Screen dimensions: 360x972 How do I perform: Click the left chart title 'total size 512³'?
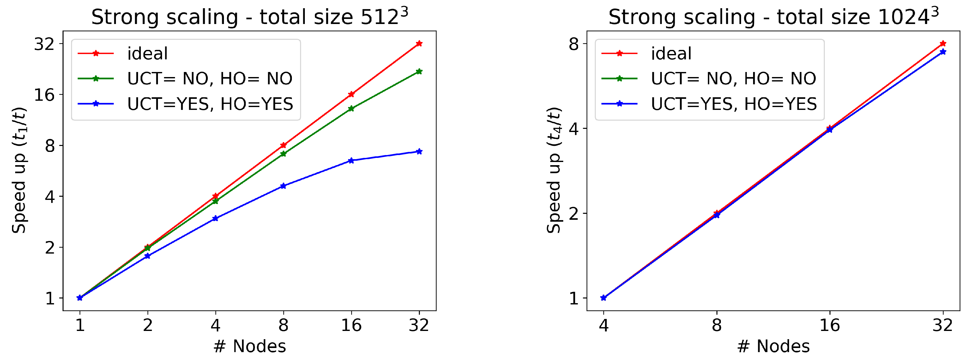(250, 17)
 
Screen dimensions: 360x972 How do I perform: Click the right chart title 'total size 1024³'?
(773, 17)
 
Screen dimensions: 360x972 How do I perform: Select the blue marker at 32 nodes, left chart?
(419, 152)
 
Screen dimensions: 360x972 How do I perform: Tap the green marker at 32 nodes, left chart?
(419, 71)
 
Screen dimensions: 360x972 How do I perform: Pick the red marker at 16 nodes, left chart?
(351, 94)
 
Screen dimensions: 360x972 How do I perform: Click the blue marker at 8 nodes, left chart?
(283, 186)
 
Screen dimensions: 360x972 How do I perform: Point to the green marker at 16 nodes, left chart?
(351, 109)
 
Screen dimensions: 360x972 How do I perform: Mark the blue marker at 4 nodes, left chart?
(215, 219)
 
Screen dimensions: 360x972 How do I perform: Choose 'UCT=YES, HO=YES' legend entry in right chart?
(734, 104)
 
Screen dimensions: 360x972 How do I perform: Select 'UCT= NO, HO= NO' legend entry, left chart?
(209, 79)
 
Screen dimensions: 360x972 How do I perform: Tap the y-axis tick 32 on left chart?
(44, 44)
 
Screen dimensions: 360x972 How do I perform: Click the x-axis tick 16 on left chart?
(351, 325)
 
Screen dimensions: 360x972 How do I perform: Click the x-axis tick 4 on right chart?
(603, 325)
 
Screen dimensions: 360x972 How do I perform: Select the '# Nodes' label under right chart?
(773, 346)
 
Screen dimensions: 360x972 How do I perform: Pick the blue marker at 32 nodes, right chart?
(943, 52)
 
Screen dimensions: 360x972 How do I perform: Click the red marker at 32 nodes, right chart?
(943, 43)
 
